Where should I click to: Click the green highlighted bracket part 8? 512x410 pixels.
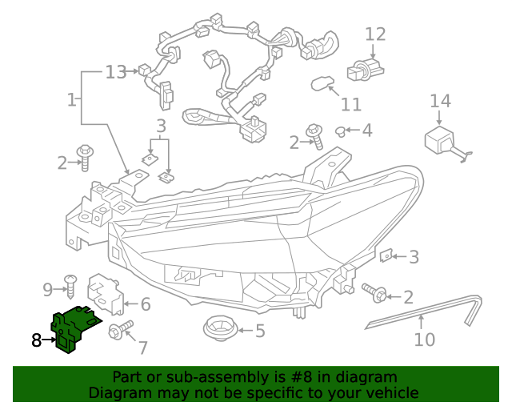point(70,327)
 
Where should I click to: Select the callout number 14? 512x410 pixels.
point(440,101)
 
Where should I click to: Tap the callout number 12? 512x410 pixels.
point(375,34)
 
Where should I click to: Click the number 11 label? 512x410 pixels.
point(350,105)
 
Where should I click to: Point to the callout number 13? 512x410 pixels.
point(116,72)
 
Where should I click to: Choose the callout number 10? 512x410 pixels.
point(424,340)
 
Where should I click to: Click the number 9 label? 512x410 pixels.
point(47,288)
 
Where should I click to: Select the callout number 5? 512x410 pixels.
point(259,330)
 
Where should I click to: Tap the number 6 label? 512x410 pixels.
point(145,304)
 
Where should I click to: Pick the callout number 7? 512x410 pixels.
point(143,348)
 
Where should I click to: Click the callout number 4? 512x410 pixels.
point(366,130)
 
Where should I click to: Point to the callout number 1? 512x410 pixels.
point(72,100)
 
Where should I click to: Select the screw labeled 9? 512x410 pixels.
point(70,283)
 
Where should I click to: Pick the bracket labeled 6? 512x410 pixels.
point(107,293)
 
